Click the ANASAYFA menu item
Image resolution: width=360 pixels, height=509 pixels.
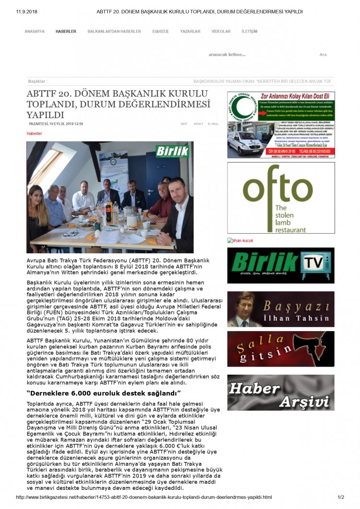click(34, 31)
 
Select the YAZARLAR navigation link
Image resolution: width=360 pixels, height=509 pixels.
click(190, 31)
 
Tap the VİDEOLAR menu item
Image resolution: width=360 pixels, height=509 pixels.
click(221, 31)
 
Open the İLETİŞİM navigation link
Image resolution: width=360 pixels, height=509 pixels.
click(250, 31)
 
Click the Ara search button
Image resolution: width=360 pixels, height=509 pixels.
click(323, 55)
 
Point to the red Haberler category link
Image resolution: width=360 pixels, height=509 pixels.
click(34, 133)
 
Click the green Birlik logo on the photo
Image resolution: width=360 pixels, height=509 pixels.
click(172, 151)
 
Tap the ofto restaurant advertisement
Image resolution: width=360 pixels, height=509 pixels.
click(281, 198)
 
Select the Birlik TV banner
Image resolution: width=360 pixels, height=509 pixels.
click(281, 265)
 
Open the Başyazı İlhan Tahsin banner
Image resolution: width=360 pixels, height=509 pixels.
click(281, 309)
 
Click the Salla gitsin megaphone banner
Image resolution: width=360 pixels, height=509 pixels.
click(281, 349)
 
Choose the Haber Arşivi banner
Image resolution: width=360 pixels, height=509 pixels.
click(281, 392)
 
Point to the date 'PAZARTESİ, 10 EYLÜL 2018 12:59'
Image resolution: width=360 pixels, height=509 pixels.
click(56, 124)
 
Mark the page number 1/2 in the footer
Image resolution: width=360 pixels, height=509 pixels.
click(341, 497)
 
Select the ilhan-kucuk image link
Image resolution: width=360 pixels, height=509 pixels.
click(241, 240)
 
